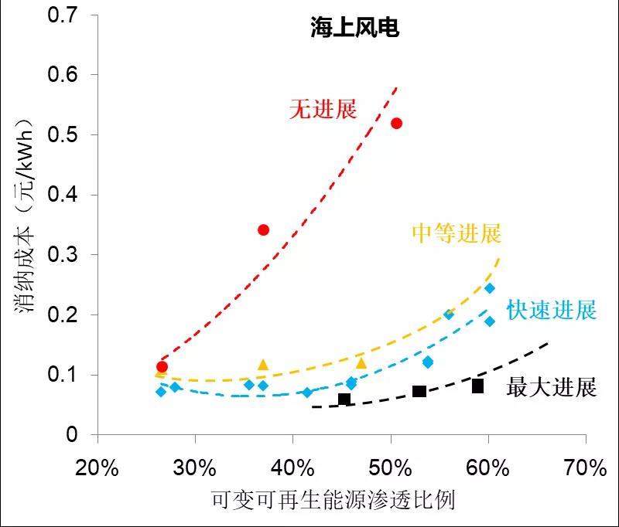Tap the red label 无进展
pos(323,109)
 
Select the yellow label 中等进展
pos(456,233)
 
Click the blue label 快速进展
pos(552,311)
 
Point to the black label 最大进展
pos(552,386)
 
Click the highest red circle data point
pos(397,124)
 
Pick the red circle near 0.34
pos(263,229)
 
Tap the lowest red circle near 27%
pos(162,366)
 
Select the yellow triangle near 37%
pos(263,365)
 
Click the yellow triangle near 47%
pos(361,362)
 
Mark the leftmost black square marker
pos(344,399)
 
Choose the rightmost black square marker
pos(478,386)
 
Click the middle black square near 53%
pos(419,392)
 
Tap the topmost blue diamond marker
pos(489,288)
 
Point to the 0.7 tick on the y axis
pos(63,14)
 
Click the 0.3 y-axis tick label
pos(63,254)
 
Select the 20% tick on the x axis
pos(98,468)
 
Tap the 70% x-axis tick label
pos(586,468)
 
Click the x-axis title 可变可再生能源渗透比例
pos(333,501)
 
